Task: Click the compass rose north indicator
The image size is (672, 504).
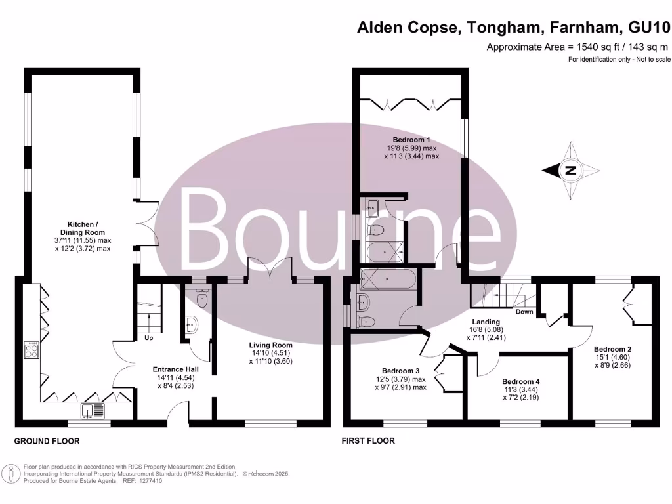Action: click(571, 171)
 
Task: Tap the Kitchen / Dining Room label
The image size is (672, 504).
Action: click(82, 236)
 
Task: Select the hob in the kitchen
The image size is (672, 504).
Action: click(31, 350)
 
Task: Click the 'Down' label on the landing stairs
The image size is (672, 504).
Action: click(524, 312)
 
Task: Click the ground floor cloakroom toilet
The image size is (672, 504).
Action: click(203, 300)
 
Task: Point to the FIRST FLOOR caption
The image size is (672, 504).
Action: click(367, 441)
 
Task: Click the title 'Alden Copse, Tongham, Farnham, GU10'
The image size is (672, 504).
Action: click(513, 28)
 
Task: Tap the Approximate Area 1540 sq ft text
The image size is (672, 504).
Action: click(577, 47)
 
